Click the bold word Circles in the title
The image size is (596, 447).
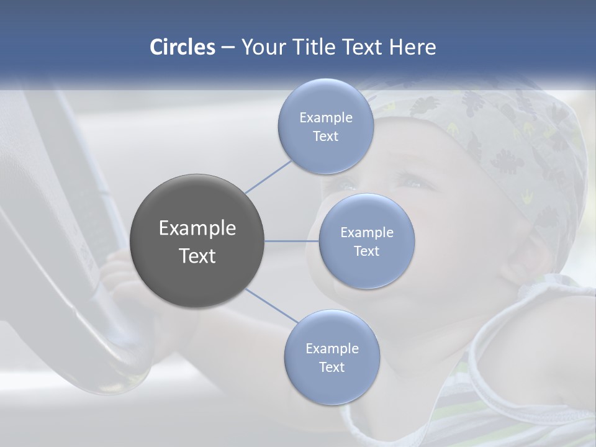point(182,47)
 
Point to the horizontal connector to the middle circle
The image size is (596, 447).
point(292,241)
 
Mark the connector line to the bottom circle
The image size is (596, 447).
point(271,306)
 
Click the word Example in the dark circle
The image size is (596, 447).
point(197,228)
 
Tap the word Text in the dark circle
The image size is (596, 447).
point(197,256)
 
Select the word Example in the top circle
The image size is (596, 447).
point(325,118)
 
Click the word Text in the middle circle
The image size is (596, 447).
point(366,251)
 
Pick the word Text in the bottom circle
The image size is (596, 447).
point(332,367)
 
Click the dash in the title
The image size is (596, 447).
point(228,48)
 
